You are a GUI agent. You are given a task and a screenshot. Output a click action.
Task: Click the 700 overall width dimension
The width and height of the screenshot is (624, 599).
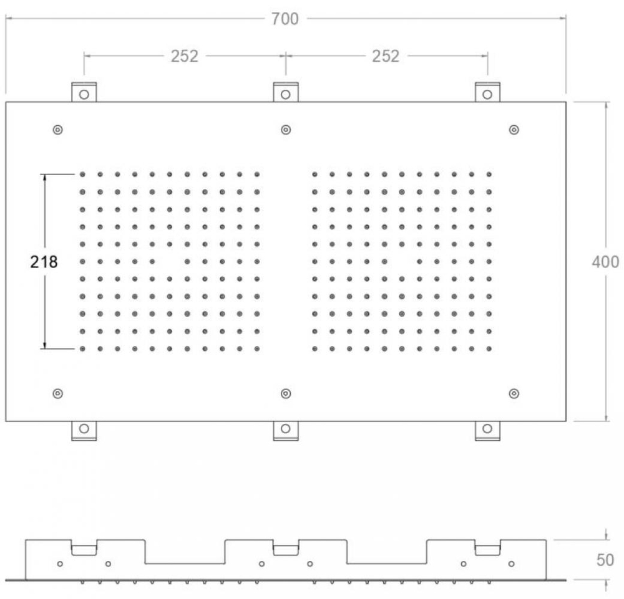point(285,19)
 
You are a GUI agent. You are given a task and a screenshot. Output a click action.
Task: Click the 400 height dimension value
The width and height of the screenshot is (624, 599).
point(605,262)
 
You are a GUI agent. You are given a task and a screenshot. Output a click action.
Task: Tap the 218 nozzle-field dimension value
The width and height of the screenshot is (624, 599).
point(44,262)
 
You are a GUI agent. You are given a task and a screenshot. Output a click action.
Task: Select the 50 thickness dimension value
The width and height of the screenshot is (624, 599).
point(605,560)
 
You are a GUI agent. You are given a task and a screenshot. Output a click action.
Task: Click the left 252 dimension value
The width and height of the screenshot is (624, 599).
point(184,56)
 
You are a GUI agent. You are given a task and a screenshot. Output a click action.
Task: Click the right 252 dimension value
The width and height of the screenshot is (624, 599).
point(386,56)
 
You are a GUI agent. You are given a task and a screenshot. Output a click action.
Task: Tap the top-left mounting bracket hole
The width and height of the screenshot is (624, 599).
point(84,95)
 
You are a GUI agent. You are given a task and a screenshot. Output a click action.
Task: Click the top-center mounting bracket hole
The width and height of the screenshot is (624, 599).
point(286,95)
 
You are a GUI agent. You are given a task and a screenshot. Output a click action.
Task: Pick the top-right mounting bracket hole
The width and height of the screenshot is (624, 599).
point(487,95)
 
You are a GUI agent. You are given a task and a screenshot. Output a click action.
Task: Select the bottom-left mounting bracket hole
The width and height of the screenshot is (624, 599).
point(84,428)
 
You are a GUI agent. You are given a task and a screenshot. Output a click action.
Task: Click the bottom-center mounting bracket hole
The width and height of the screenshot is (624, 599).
point(286,428)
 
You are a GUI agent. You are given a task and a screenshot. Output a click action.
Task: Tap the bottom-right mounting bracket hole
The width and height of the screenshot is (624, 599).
point(487,428)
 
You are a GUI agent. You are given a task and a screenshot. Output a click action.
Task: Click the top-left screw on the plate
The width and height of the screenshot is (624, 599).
point(57,130)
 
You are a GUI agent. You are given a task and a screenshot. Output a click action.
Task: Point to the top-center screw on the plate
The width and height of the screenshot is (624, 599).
point(286,130)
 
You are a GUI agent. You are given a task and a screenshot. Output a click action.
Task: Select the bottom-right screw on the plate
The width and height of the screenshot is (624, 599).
point(514,393)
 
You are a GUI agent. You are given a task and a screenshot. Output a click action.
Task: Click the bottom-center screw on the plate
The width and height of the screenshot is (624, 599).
point(286,393)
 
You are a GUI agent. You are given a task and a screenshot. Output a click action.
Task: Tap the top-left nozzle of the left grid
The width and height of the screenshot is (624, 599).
point(82,175)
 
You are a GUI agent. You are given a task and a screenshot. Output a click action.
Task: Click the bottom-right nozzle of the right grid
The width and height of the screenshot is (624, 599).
point(489,349)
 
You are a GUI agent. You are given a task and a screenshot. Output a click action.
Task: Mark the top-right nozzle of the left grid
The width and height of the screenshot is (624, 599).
point(257,175)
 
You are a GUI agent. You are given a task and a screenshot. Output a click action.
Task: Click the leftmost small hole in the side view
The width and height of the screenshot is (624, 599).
point(60,563)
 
